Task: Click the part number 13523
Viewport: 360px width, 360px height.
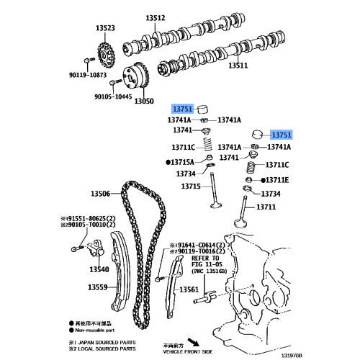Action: click(x=107, y=28)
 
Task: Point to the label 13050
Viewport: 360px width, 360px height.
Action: click(x=144, y=102)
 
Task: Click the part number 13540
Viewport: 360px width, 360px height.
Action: click(x=99, y=269)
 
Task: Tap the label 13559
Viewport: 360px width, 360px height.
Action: click(x=98, y=287)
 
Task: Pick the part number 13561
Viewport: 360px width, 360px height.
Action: click(x=189, y=289)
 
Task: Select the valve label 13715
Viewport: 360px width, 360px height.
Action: click(x=191, y=187)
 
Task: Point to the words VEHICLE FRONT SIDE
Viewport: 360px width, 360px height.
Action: click(x=189, y=351)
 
